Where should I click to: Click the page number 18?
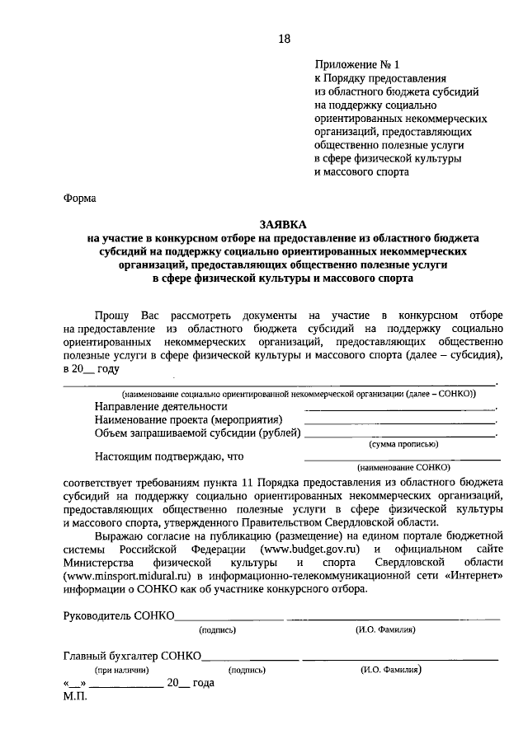coord(284,39)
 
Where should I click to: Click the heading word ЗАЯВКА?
coord(282,224)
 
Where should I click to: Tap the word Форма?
coord(79,198)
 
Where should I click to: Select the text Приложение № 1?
coord(356,64)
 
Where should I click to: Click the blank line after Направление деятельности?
coord(400,408)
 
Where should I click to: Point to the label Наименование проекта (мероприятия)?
coord(188,419)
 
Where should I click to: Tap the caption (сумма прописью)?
coord(403,443)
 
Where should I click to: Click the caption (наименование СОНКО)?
coord(402,465)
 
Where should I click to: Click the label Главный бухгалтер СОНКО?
coord(132,656)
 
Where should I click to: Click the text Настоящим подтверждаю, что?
coord(169,455)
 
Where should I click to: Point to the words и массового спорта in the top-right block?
coord(362,171)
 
